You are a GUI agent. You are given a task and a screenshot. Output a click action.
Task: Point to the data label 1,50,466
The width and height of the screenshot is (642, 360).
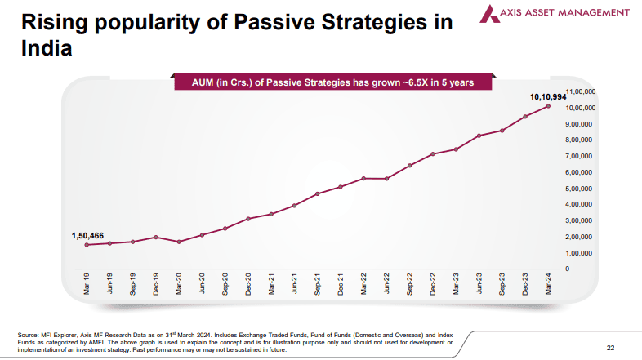pyautogui.click(x=87, y=236)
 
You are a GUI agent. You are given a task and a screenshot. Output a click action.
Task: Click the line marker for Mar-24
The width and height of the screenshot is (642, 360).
pyautogui.click(x=548, y=106)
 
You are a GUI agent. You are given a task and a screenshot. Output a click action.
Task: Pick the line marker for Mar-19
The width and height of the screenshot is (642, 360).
pyautogui.click(x=87, y=244)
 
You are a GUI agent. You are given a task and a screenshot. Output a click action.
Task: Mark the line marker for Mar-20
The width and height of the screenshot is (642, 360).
pyautogui.click(x=179, y=242)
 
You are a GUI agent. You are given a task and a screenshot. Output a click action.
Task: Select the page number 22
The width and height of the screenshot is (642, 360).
pyautogui.click(x=610, y=345)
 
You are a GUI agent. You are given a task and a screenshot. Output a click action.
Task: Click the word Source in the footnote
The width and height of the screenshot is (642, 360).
pyautogui.click(x=28, y=335)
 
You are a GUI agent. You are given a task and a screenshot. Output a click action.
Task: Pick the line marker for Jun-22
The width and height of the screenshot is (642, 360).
pyautogui.click(x=386, y=178)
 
